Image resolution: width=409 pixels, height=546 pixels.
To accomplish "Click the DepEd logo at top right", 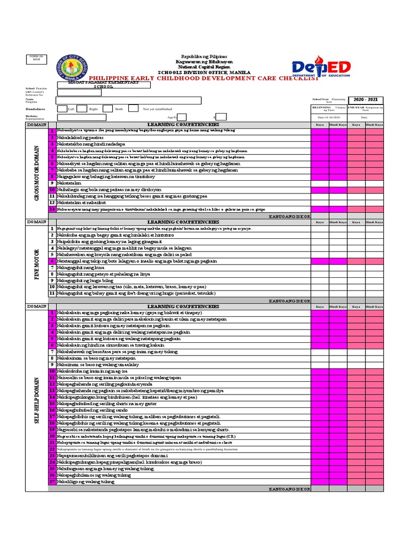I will click(x=321, y=68).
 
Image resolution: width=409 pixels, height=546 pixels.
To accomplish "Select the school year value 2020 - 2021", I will click(x=365, y=99).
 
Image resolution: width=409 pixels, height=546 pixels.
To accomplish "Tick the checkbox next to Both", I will click(x=108, y=109).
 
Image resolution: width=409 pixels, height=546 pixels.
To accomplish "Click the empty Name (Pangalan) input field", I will click(x=129, y=100).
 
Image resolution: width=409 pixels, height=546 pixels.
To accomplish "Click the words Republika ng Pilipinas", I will click(x=204, y=57).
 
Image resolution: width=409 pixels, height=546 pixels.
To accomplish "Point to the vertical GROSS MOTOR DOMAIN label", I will click(x=37, y=171).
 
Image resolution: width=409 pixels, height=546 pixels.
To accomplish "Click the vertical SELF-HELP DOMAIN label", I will click(x=37, y=399).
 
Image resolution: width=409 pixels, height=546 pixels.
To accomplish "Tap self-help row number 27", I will click(x=52, y=481).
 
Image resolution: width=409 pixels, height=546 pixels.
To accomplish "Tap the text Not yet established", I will click(x=158, y=109).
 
